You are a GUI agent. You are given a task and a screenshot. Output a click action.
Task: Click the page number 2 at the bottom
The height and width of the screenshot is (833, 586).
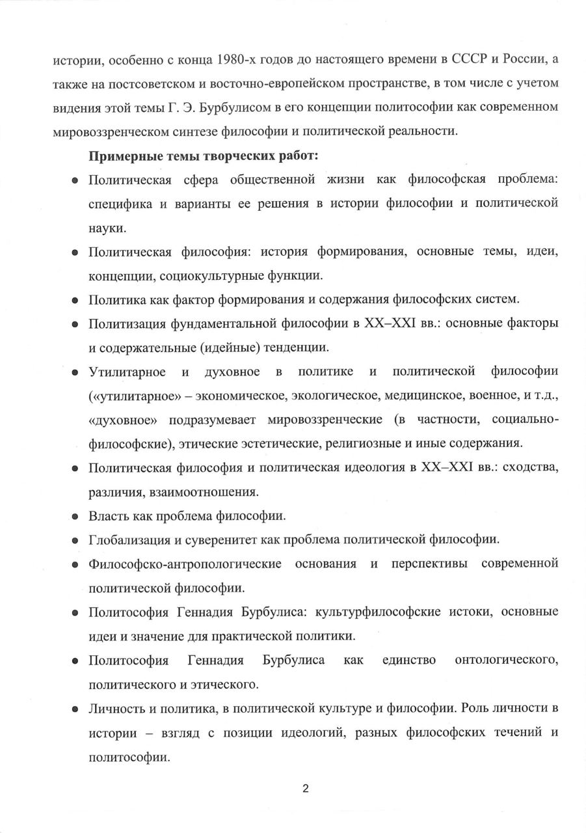tap(305, 789)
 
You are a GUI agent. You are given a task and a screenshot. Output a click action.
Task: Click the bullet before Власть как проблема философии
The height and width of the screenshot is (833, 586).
tap(75, 517)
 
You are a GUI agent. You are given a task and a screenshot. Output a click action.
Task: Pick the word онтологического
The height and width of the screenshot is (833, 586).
tap(507, 661)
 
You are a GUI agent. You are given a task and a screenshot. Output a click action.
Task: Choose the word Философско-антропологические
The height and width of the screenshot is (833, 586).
tap(185, 564)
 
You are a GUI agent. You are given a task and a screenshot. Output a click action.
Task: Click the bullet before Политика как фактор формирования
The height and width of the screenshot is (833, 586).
tap(75, 300)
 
